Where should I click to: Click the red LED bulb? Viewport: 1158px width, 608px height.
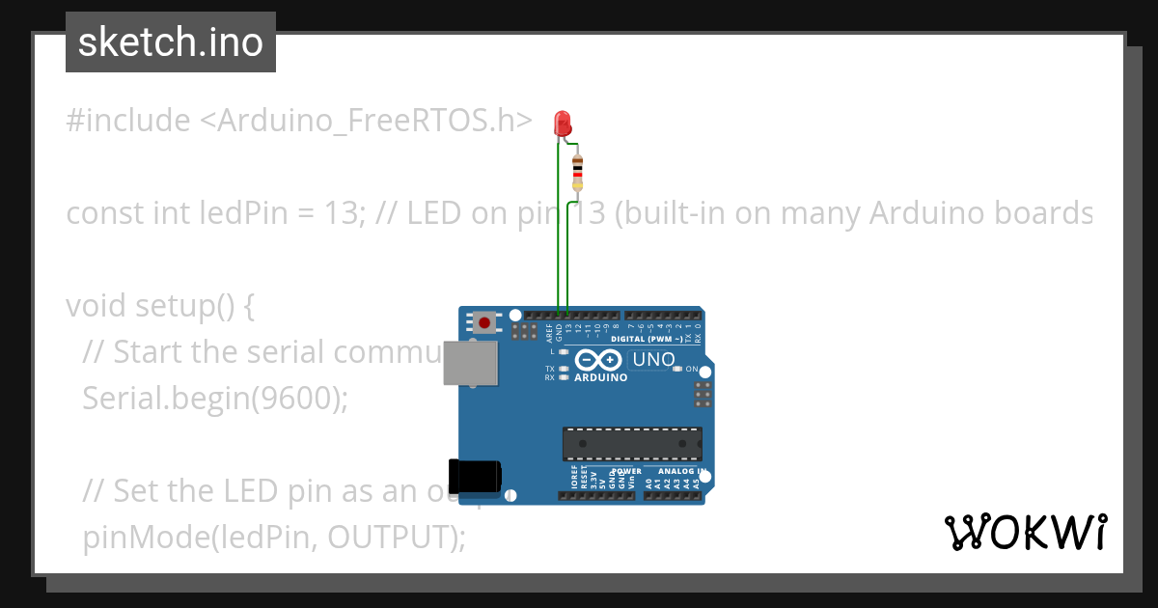pos(563,123)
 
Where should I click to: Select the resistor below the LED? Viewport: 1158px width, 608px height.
pos(577,172)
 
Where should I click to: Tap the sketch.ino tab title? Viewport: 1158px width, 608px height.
pos(171,42)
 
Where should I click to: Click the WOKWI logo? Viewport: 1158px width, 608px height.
pos(1025,533)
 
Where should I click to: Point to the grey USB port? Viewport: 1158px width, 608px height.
pos(470,363)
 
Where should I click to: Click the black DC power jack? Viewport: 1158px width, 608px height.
pos(476,475)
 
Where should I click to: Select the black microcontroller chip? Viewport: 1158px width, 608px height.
pos(632,443)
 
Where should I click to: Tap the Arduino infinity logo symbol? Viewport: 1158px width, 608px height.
pos(599,360)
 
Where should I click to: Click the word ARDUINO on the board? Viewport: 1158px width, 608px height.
pos(600,377)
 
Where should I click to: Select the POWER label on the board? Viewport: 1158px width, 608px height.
pos(626,472)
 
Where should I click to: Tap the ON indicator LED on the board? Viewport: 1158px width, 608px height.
pos(677,369)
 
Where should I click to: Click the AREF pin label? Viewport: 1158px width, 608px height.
pos(549,333)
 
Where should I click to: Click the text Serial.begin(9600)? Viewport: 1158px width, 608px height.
pos(214,398)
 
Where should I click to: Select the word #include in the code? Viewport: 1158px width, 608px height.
pos(128,121)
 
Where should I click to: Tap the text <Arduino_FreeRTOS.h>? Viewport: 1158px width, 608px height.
pos(366,121)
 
